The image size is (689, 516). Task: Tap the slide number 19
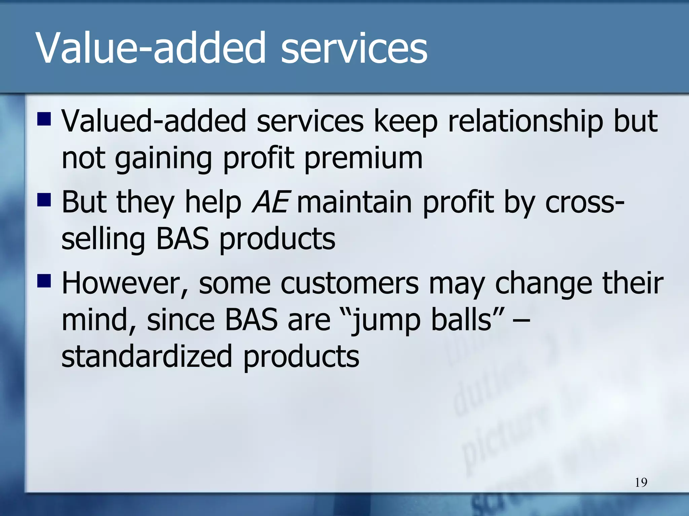coord(641,482)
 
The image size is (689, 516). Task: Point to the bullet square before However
coord(44,281)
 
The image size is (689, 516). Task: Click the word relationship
coord(525,122)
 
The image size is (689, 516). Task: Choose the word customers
coord(350,284)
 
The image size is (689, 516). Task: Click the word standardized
coord(147,356)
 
